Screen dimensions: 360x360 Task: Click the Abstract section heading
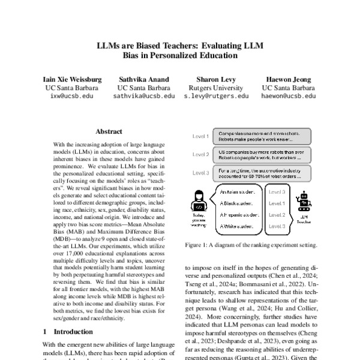(109, 131)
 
